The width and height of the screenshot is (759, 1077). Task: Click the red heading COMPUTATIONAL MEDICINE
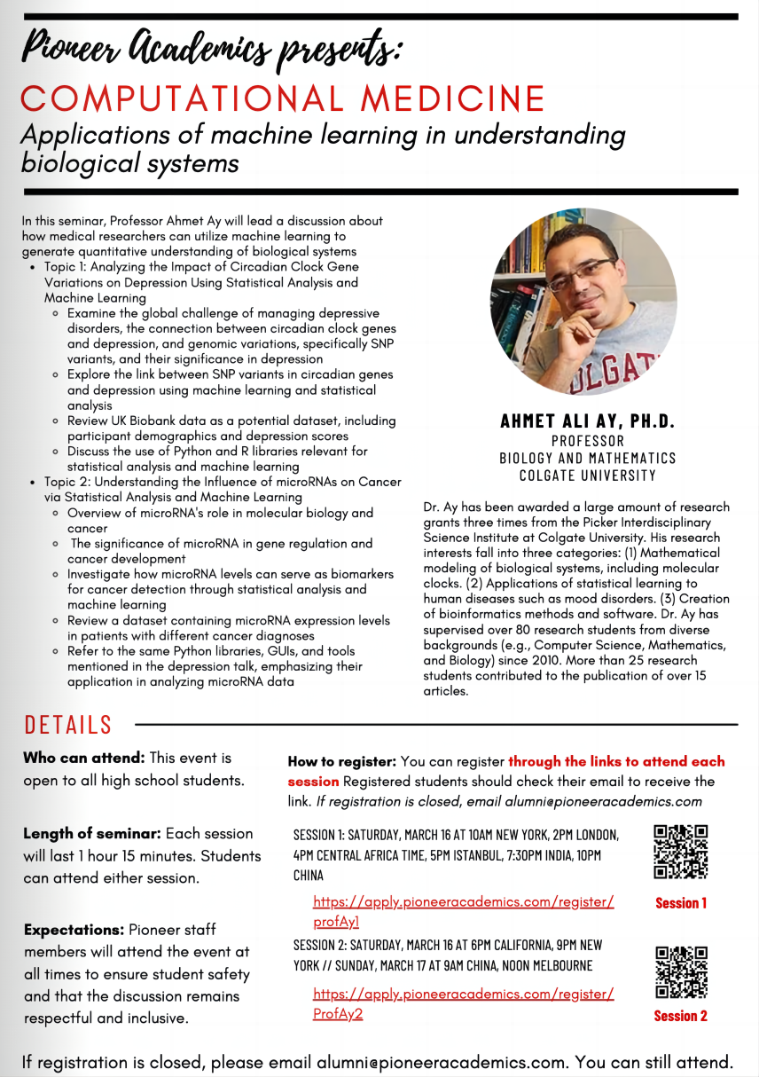pos(282,98)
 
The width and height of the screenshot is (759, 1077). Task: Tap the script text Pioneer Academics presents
pos(211,49)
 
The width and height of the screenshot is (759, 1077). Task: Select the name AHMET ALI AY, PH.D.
pos(587,421)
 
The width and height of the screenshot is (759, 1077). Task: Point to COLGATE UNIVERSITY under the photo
pos(587,476)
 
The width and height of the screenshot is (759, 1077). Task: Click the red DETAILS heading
pos(68,725)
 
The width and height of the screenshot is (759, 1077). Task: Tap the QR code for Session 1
pos(680,852)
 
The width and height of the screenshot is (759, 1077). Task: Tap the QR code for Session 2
pos(680,972)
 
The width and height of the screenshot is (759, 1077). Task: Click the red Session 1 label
pos(681,903)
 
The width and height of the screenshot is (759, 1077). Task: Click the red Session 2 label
pos(681,1016)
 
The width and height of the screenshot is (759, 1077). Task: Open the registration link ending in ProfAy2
pos(463,1003)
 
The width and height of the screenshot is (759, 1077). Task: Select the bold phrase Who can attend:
pos(83,759)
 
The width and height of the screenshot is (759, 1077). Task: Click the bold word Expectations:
pos(74,930)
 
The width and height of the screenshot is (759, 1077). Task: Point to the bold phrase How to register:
pos(341,762)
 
